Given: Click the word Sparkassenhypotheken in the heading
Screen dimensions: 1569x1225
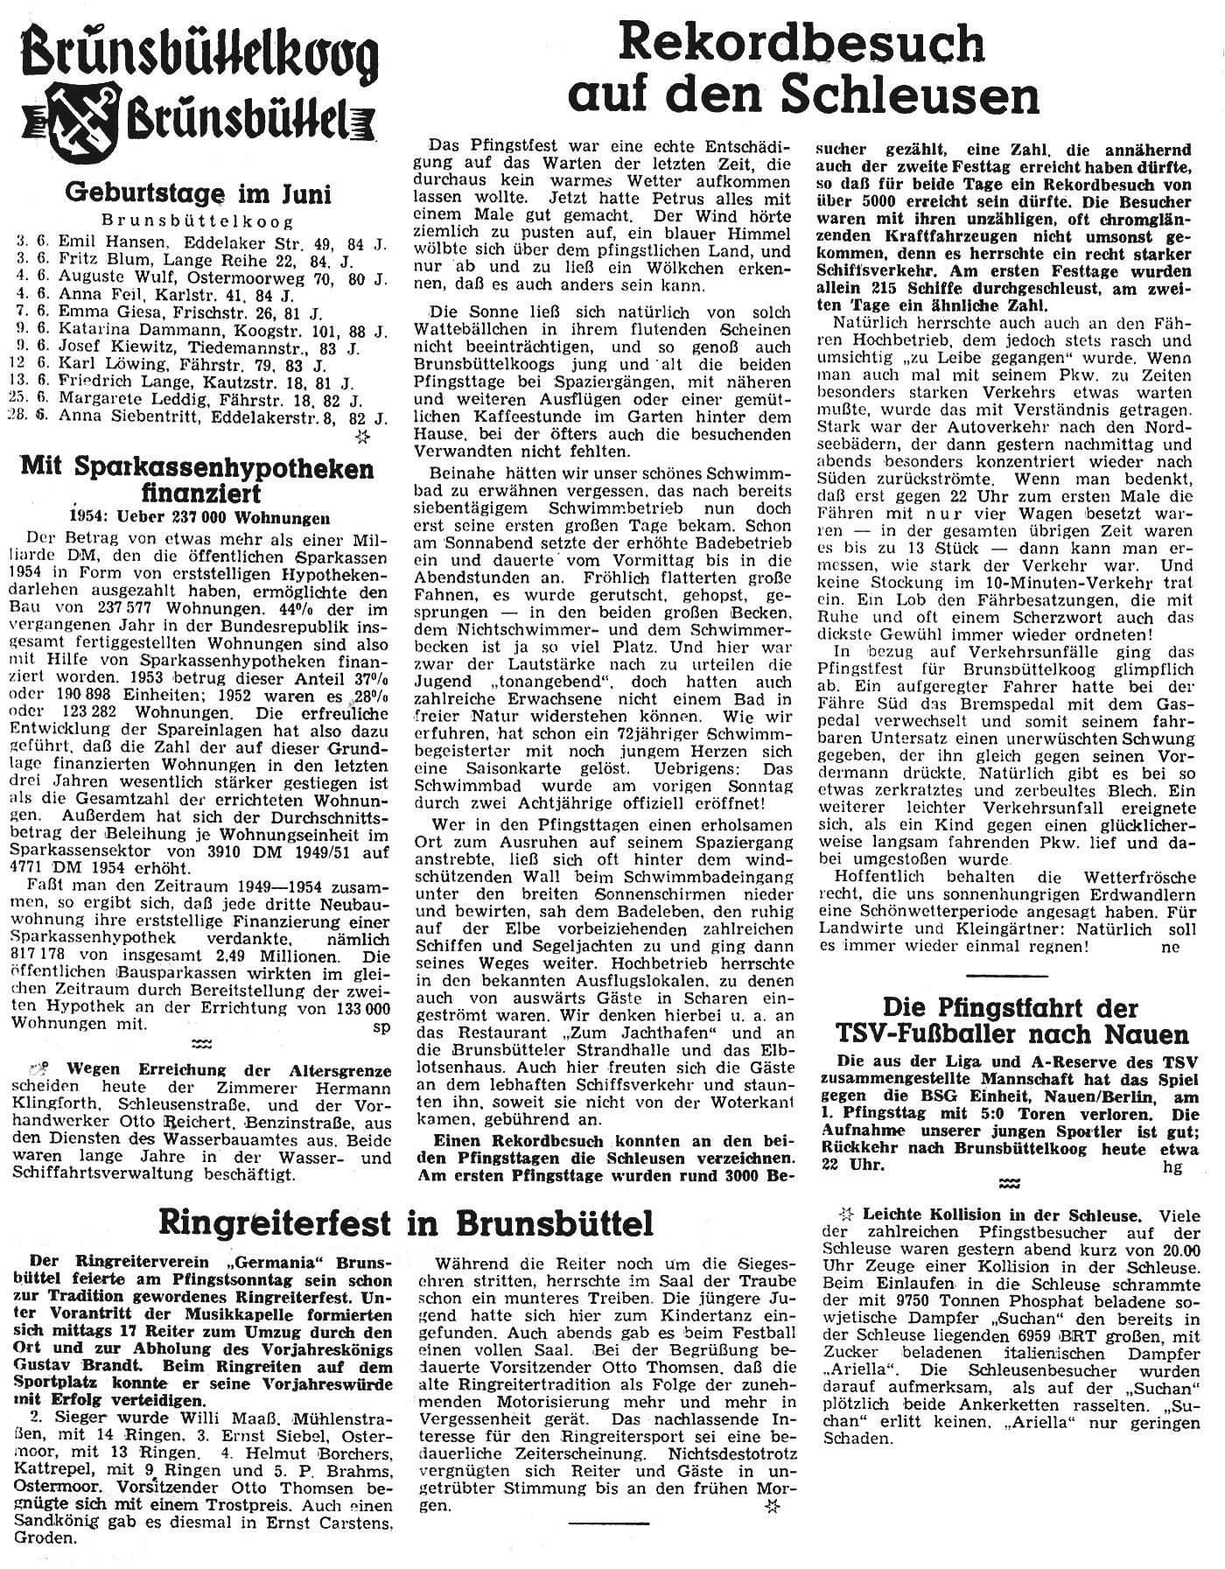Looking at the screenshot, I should point(238,468).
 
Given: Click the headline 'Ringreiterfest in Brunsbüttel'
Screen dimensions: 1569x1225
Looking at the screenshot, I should point(406,1222).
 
